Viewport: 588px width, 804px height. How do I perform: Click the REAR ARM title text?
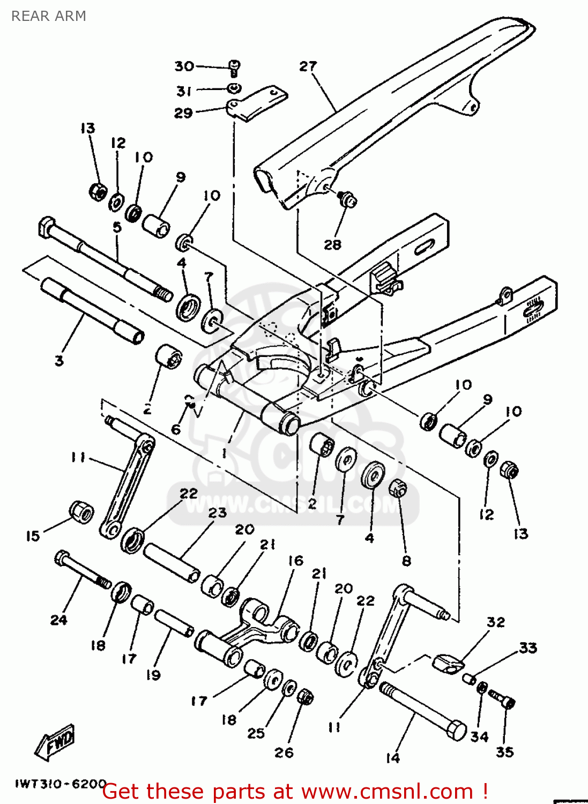click(x=49, y=16)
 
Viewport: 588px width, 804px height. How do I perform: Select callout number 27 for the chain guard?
click(x=308, y=66)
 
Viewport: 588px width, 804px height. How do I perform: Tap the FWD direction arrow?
click(x=56, y=742)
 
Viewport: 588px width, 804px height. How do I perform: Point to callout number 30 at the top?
click(x=184, y=66)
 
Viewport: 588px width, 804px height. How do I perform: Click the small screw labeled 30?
click(x=234, y=68)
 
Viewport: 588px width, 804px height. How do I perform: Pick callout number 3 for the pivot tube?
click(x=59, y=361)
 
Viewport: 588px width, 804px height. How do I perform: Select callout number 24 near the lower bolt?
click(x=58, y=620)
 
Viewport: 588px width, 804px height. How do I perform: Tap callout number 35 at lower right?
click(x=504, y=752)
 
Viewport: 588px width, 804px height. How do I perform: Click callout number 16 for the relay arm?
click(x=295, y=561)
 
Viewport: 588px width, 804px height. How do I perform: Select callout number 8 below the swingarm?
click(x=406, y=561)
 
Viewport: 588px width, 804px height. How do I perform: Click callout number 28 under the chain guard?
click(x=332, y=244)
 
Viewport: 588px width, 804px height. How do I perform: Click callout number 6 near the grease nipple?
click(x=176, y=429)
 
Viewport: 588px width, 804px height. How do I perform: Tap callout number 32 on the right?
click(x=496, y=622)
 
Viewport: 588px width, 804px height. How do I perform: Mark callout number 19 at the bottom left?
click(x=153, y=675)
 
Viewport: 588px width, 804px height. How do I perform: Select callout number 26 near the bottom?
click(x=284, y=753)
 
